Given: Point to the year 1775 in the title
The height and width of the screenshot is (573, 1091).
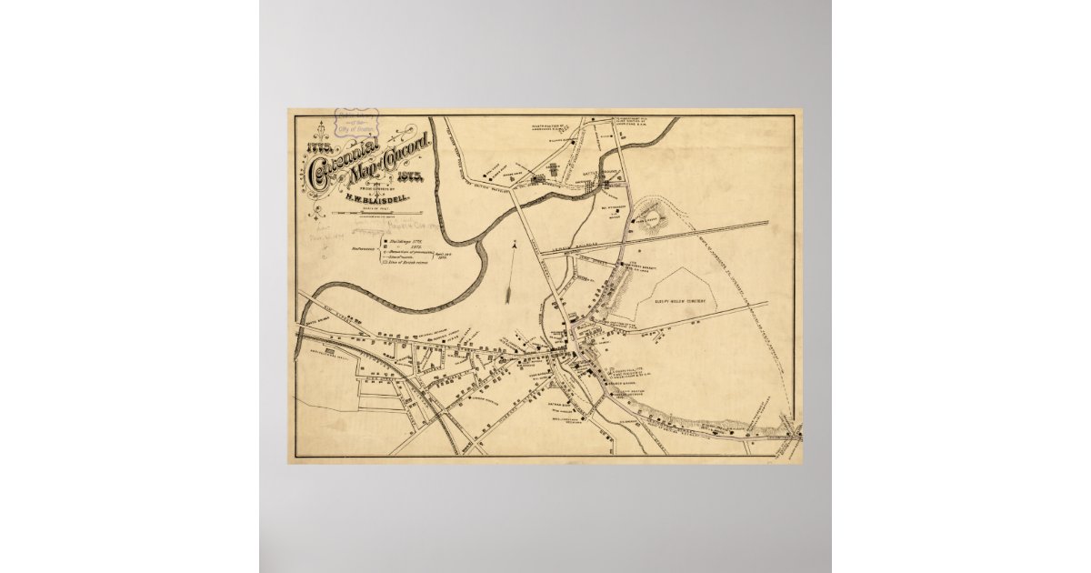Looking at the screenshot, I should tap(323, 143).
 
